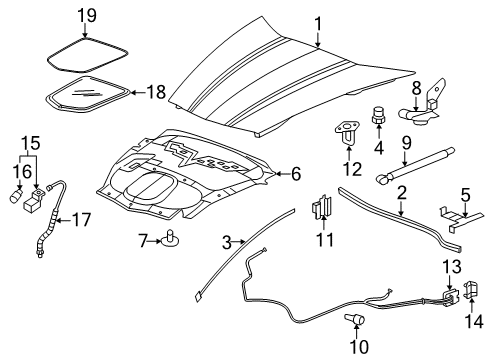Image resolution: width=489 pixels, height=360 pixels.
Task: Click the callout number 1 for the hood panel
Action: coord(318,23)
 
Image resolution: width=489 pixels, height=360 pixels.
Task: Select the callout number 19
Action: coord(88,15)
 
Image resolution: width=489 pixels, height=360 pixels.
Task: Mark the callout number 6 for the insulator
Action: coord(295,174)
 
